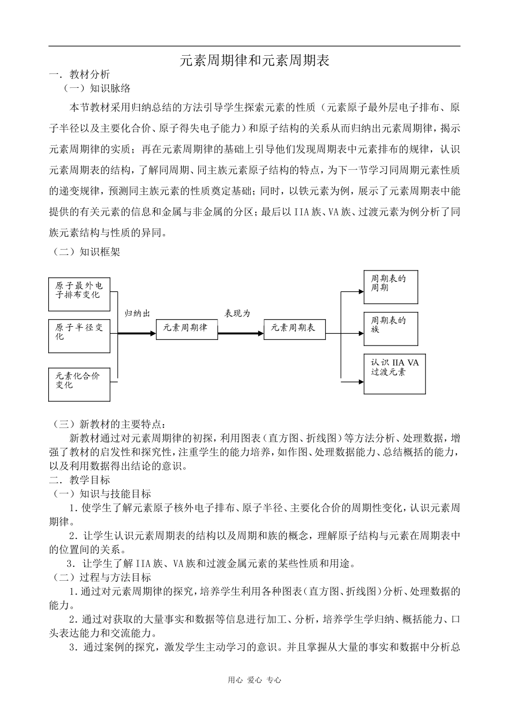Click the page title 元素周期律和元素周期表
coord(254,61)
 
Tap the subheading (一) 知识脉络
coord(97,88)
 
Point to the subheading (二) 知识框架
coord(86,251)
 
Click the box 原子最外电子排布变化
coord(79,294)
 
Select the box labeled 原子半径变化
coord(79,336)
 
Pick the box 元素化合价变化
coord(79,384)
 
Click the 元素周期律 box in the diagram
coord(187,328)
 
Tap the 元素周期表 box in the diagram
coord(294,328)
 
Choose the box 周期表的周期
coord(391,287)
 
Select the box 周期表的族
coord(391,328)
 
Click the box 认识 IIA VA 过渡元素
coord(395,374)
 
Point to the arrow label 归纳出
coord(137,313)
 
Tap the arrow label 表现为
coord(238,313)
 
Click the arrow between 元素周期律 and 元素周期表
coord(241,333)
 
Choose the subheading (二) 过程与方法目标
coord(102,577)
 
